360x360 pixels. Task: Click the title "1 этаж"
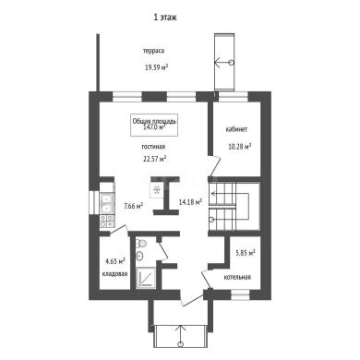(165, 18)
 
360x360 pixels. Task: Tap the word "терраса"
(153, 51)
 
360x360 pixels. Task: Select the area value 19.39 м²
(156, 67)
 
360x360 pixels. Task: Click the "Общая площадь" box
(154, 125)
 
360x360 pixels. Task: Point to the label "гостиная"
(153, 147)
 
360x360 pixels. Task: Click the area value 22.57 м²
(155, 159)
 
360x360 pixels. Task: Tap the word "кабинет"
(236, 129)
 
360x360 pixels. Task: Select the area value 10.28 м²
(239, 147)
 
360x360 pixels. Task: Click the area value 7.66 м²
(133, 206)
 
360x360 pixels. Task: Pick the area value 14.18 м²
(190, 202)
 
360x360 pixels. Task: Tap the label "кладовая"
(114, 274)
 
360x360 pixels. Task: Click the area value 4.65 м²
(115, 261)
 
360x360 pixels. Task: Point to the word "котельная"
(237, 277)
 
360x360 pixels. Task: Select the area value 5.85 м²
(246, 253)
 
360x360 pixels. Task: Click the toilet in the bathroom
(141, 244)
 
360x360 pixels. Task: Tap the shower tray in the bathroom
(146, 278)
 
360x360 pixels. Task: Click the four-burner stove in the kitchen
(107, 221)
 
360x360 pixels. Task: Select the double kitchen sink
(107, 202)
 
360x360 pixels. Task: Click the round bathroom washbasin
(140, 256)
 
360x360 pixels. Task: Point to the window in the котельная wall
(240, 294)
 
